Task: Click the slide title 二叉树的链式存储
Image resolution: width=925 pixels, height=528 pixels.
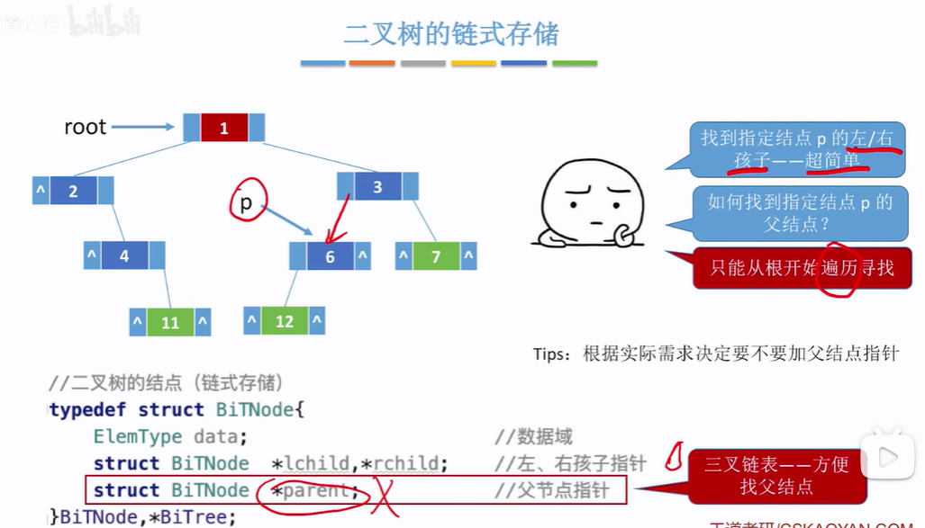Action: pyautogui.click(x=451, y=35)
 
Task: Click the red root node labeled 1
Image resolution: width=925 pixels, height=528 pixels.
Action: pyautogui.click(x=223, y=128)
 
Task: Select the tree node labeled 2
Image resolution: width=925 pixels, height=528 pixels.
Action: pyautogui.click(x=73, y=191)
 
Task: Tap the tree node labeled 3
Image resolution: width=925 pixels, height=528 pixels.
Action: pyautogui.click(x=377, y=187)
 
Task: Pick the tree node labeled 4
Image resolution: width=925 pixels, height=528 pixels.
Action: pyautogui.click(x=124, y=255)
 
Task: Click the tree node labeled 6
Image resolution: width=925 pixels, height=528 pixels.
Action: pyautogui.click(x=330, y=256)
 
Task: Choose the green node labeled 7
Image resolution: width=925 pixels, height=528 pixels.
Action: pyautogui.click(x=436, y=256)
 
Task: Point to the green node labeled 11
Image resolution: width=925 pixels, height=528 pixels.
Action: pyautogui.click(x=170, y=322)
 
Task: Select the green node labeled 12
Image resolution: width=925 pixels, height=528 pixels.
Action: pyautogui.click(x=285, y=320)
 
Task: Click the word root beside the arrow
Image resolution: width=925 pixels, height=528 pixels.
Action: pyautogui.click(x=86, y=127)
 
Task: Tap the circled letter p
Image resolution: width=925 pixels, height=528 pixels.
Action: pyautogui.click(x=246, y=203)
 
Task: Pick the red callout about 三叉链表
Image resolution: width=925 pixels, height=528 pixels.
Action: pyautogui.click(x=776, y=475)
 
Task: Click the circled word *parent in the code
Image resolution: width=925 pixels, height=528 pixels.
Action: pyautogui.click(x=314, y=491)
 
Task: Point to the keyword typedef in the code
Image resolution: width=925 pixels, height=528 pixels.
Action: pyautogui.click(x=89, y=410)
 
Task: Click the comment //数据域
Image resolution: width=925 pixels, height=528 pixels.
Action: pyautogui.click(x=533, y=437)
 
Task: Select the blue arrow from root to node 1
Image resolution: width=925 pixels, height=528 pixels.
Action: pyautogui.click(x=144, y=128)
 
